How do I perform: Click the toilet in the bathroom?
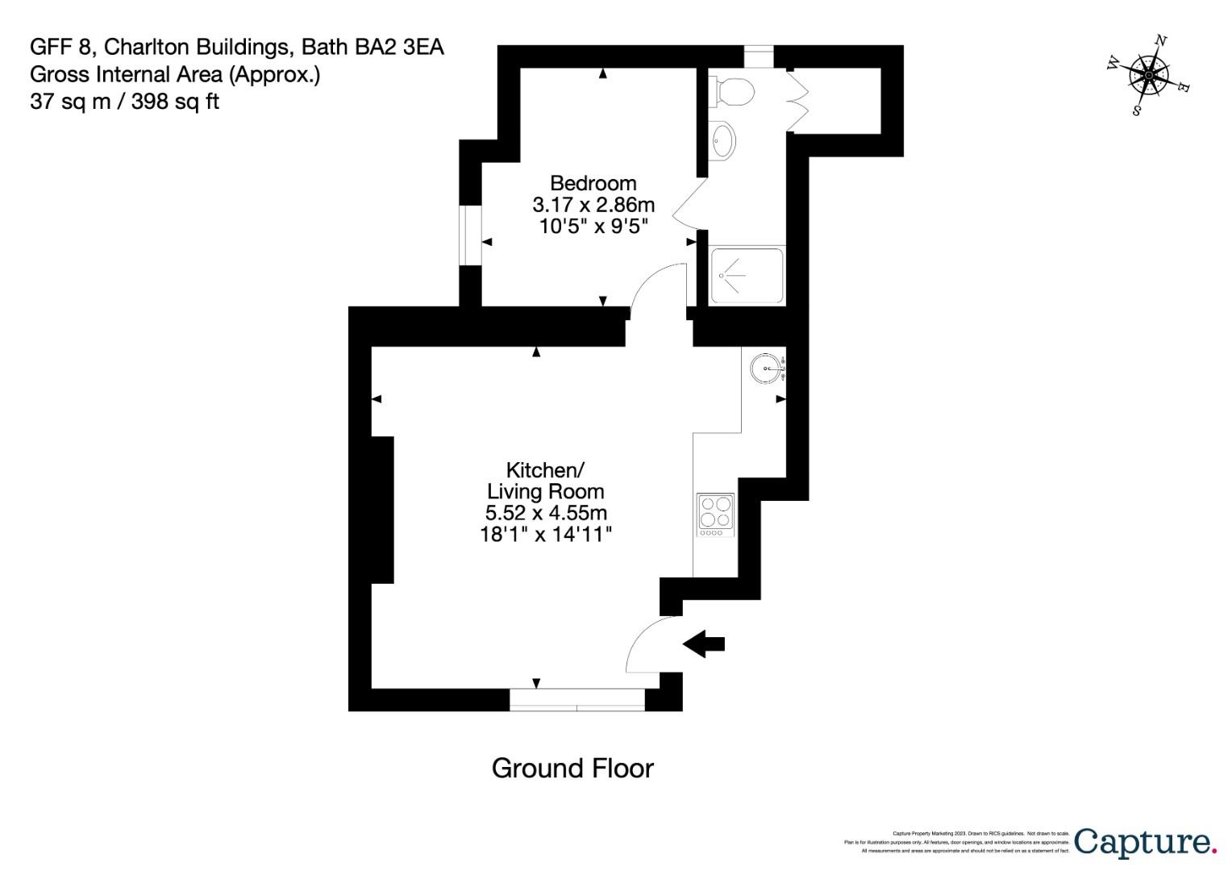click(x=731, y=91)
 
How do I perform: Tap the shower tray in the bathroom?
click(x=746, y=276)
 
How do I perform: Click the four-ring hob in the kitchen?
click(x=715, y=515)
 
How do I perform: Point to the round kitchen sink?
click(x=765, y=369)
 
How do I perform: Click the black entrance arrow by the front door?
click(x=704, y=644)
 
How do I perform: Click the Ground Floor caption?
click(x=572, y=769)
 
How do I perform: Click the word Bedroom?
click(x=593, y=183)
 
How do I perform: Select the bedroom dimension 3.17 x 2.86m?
click(x=593, y=205)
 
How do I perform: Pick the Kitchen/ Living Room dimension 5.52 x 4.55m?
click(x=546, y=513)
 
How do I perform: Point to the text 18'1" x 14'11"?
click(x=546, y=534)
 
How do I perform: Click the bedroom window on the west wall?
click(x=470, y=235)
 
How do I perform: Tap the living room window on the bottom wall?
click(x=577, y=700)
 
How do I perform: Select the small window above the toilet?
click(x=758, y=56)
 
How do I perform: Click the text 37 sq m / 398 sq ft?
click(x=124, y=102)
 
